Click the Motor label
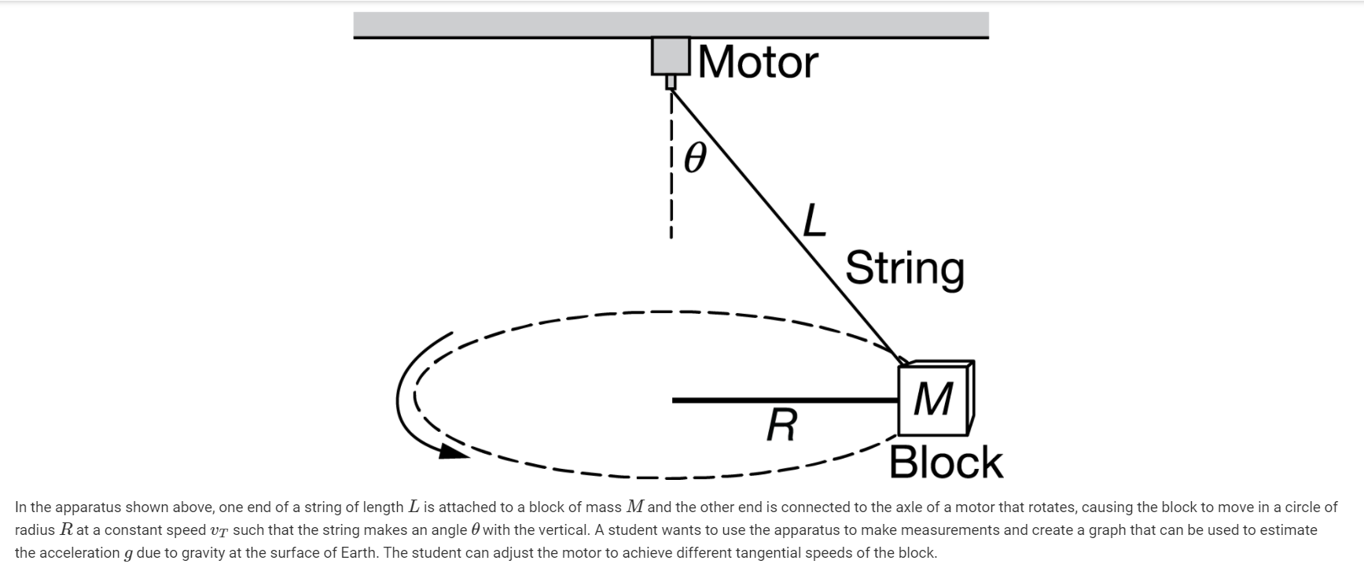[x=758, y=62]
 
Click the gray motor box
[x=671, y=56]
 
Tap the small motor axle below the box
[x=671, y=82]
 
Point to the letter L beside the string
[x=814, y=221]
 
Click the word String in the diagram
[x=904, y=269]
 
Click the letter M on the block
[x=933, y=400]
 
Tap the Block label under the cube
[x=946, y=463]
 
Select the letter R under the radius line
[x=781, y=426]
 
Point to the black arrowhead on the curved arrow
[x=451, y=451]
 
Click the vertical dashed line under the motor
[x=671, y=173]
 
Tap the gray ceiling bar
[x=671, y=24]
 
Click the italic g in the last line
[x=128, y=554]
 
